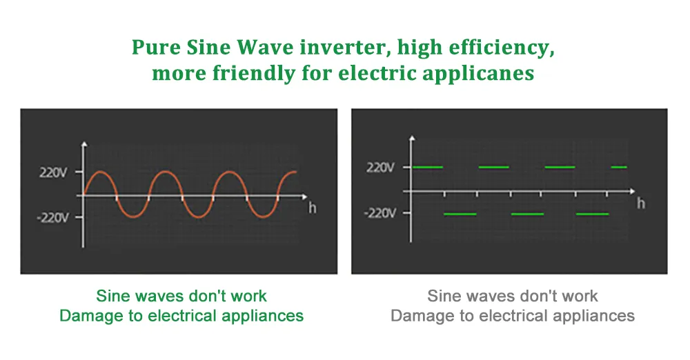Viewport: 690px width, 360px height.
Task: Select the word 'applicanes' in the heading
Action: coord(478,73)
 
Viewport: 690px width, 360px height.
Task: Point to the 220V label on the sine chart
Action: coord(53,172)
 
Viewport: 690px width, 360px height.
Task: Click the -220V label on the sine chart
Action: coord(52,217)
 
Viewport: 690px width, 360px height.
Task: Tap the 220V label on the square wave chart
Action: coord(380,167)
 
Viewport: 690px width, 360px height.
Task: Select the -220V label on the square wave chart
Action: coord(380,213)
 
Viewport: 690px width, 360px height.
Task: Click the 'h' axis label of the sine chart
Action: coord(312,208)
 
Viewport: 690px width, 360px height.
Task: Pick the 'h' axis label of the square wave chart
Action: coord(641,203)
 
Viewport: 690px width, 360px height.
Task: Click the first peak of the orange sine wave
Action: coord(100,172)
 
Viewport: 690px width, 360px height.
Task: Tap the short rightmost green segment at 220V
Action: coord(619,167)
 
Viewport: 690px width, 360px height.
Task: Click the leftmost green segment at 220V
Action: coord(427,167)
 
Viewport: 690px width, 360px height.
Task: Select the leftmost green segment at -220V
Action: coord(460,214)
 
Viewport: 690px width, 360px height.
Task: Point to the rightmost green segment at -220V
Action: coord(592,214)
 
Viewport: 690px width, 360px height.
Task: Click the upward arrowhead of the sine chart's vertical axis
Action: coord(84,144)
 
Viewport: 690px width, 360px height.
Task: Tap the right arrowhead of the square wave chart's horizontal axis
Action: coord(632,191)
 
